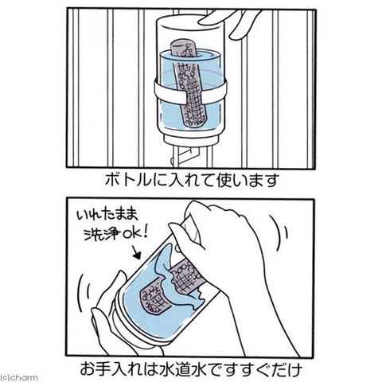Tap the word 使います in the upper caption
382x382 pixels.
(248, 180)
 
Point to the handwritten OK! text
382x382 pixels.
(134, 233)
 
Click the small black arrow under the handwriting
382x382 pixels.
(136, 252)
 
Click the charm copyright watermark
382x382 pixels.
(18, 377)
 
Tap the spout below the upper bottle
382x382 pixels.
(185, 157)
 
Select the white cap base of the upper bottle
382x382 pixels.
(190, 138)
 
